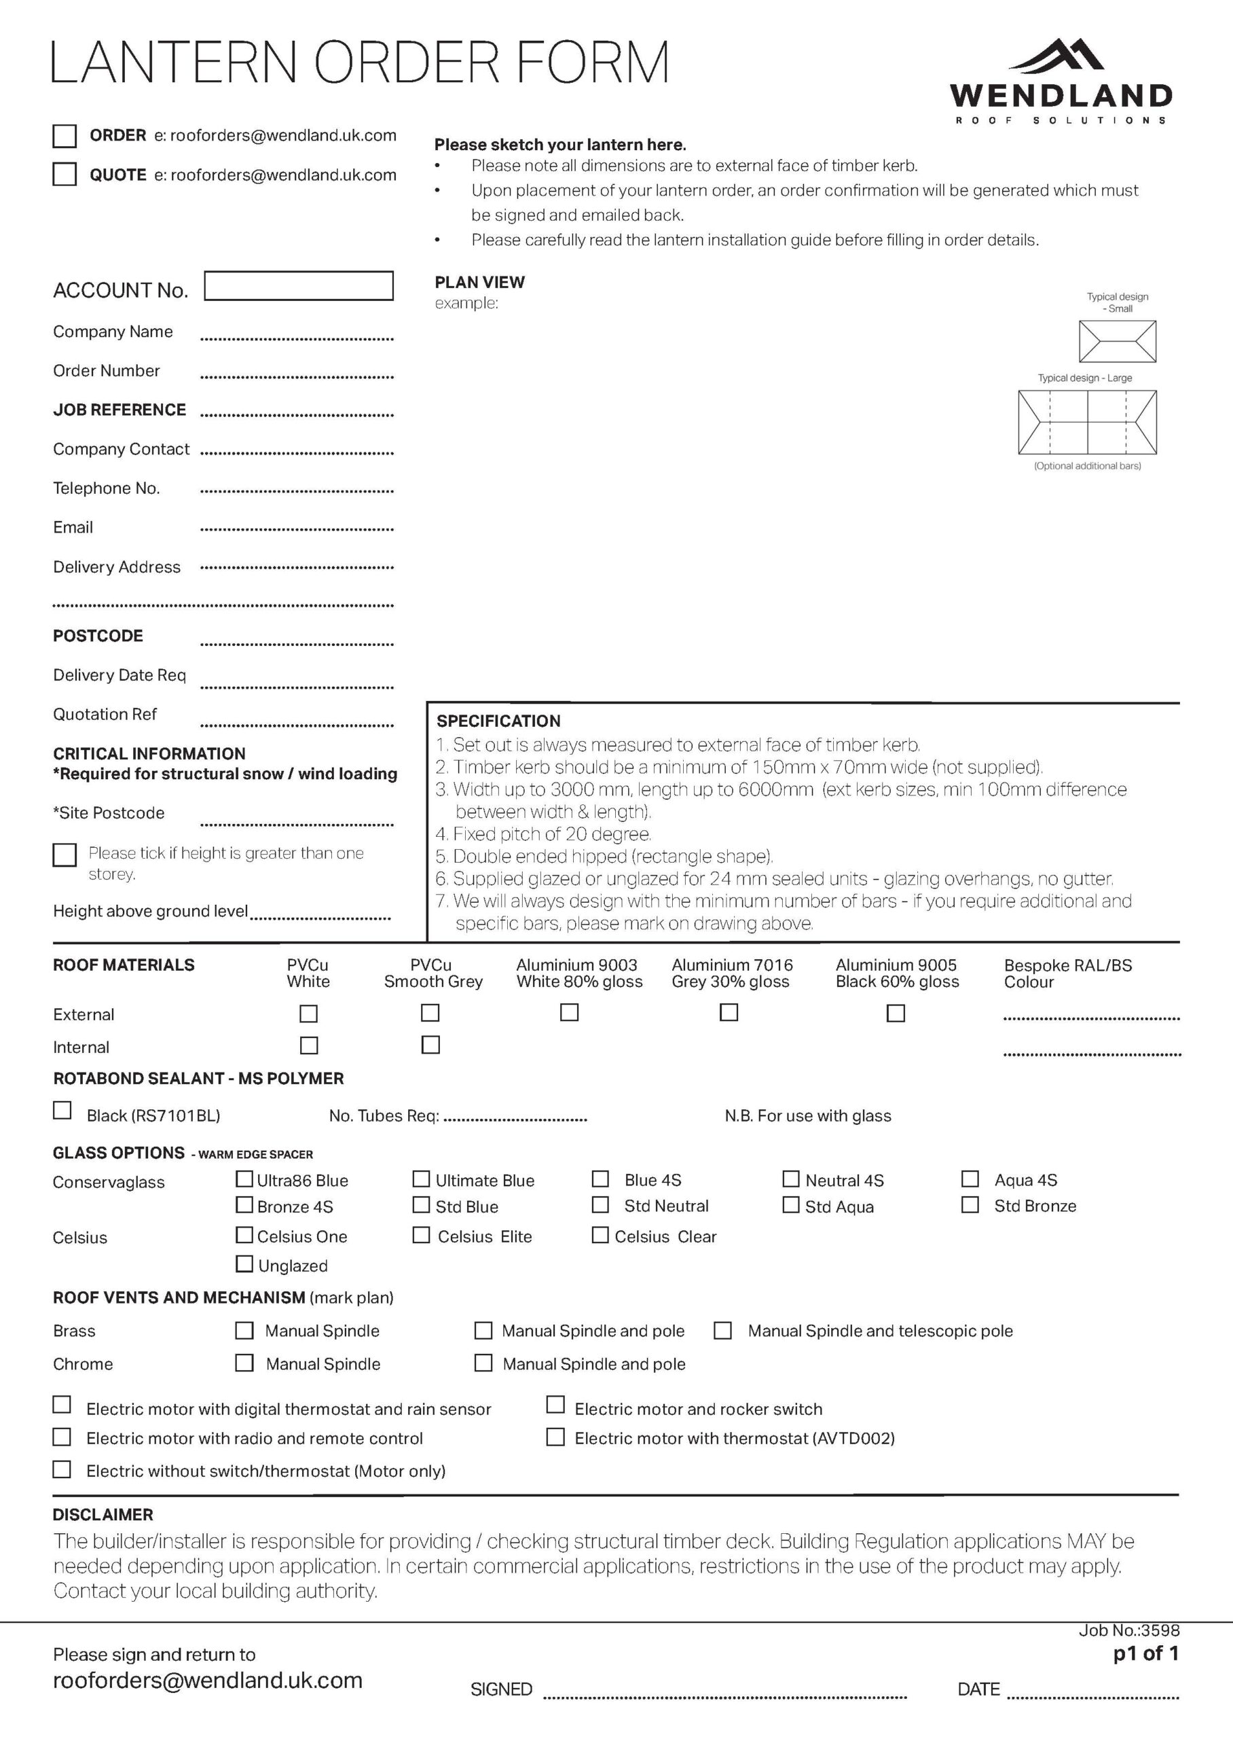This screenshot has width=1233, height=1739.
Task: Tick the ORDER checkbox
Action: pyautogui.click(x=65, y=136)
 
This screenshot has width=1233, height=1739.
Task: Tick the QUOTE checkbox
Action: pyautogui.click(x=65, y=174)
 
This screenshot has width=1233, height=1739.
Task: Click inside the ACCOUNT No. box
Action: pyautogui.click(x=298, y=286)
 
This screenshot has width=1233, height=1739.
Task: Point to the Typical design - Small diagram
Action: pyautogui.click(x=1117, y=341)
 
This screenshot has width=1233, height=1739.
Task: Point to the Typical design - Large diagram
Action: pyautogui.click(x=1086, y=421)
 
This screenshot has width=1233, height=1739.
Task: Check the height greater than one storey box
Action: pyautogui.click(x=65, y=855)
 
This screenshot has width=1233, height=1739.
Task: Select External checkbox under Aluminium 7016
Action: pyautogui.click(x=729, y=1012)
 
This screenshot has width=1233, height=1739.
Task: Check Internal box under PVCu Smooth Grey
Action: pyautogui.click(x=430, y=1045)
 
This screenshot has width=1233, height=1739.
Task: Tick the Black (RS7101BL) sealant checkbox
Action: pyautogui.click(x=62, y=1110)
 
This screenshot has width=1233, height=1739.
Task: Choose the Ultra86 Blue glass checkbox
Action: pyautogui.click(x=244, y=1179)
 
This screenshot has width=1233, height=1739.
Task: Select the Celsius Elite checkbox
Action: pyautogui.click(x=420, y=1235)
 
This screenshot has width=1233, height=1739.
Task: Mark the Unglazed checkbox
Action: pyautogui.click(x=244, y=1263)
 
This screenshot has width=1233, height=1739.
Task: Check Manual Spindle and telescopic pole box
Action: pyautogui.click(x=723, y=1331)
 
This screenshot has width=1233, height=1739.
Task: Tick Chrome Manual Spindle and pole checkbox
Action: pyautogui.click(x=483, y=1363)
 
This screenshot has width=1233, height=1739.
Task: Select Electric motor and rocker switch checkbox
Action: pyautogui.click(x=556, y=1405)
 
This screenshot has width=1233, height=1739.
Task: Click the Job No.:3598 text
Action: pyautogui.click(x=1129, y=1630)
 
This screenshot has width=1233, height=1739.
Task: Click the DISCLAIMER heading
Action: pyautogui.click(x=103, y=1515)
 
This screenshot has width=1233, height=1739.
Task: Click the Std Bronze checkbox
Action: pyautogui.click(x=970, y=1205)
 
